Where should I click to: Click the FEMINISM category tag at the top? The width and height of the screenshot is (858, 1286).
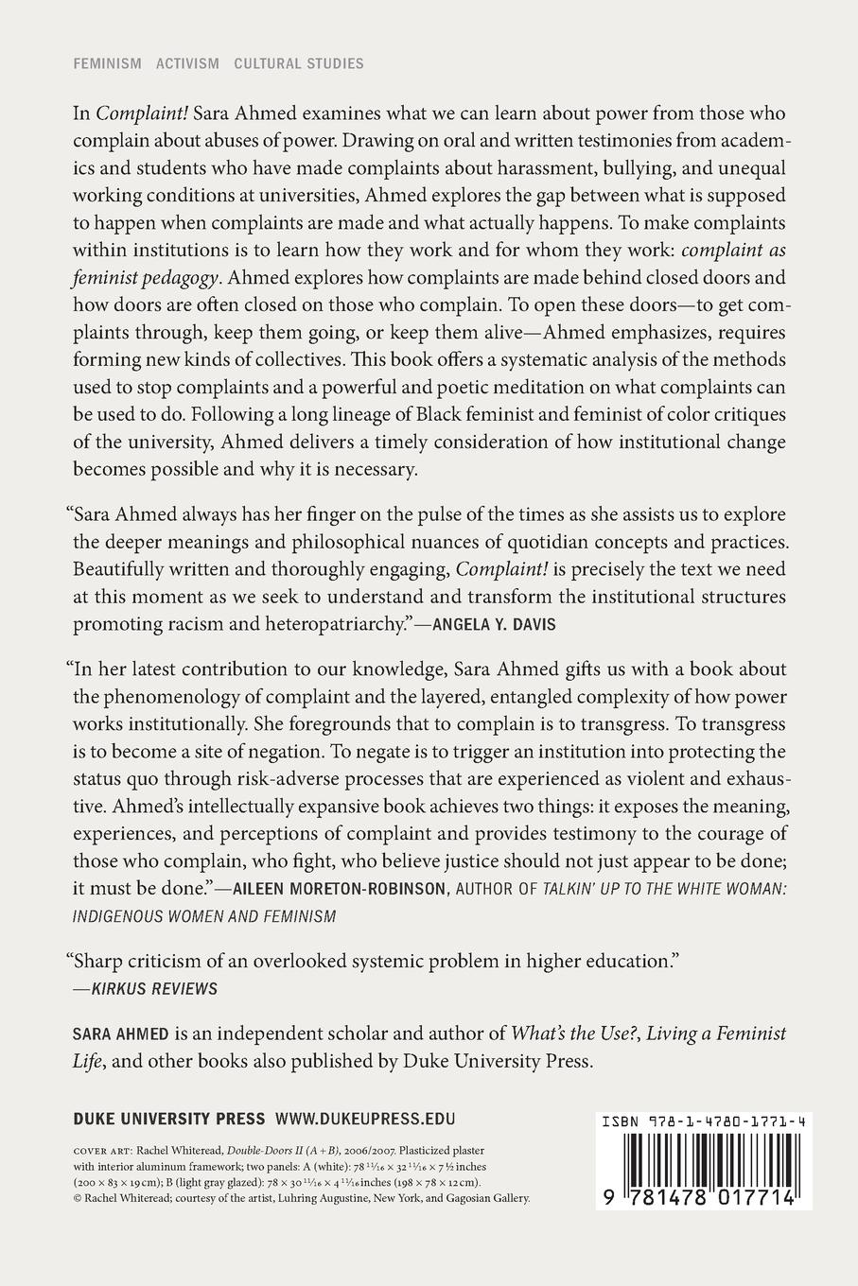click(107, 64)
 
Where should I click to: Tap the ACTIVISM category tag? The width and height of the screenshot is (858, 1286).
click(187, 64)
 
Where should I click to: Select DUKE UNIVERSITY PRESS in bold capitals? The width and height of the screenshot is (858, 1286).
click(168, 1120)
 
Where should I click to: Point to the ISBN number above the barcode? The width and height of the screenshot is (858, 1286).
click(703, 1121)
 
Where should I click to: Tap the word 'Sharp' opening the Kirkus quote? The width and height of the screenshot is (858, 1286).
click(96, 961)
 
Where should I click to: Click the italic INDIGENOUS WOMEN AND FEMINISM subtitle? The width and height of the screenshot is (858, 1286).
click(204, 916)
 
